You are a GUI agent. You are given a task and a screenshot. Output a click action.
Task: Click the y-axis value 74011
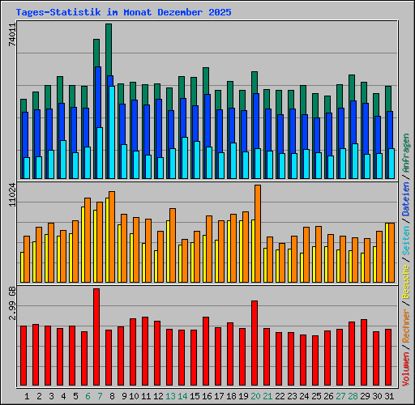coord(11,37)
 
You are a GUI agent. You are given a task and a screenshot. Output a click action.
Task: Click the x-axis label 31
coord(388,396)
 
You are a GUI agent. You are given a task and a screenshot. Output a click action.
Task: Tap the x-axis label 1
coord(28,396)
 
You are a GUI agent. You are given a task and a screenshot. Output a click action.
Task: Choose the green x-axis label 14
coord(182,396)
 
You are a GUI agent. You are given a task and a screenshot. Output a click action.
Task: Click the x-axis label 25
coord(315,396)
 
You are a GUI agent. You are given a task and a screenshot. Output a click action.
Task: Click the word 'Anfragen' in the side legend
coord(405,154)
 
